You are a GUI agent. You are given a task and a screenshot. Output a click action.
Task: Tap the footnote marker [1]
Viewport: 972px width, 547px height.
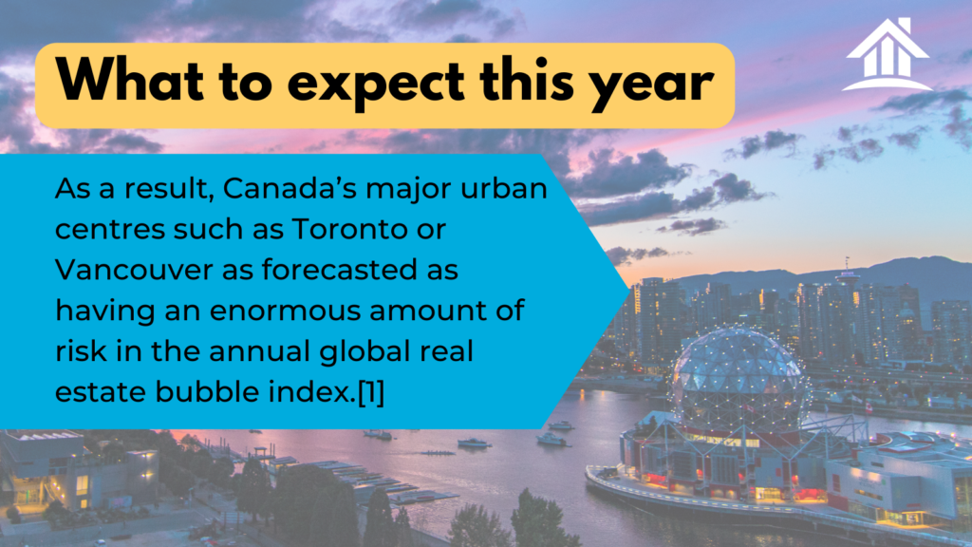point(371,392)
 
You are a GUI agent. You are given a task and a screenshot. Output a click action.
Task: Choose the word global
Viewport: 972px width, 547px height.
point(364,352)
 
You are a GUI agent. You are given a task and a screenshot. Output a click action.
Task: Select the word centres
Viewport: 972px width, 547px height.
point(109,230)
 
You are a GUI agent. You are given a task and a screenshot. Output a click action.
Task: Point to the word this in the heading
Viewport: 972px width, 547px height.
point(526,81)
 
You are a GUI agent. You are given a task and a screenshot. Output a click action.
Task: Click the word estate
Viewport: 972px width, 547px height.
point(101,392)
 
